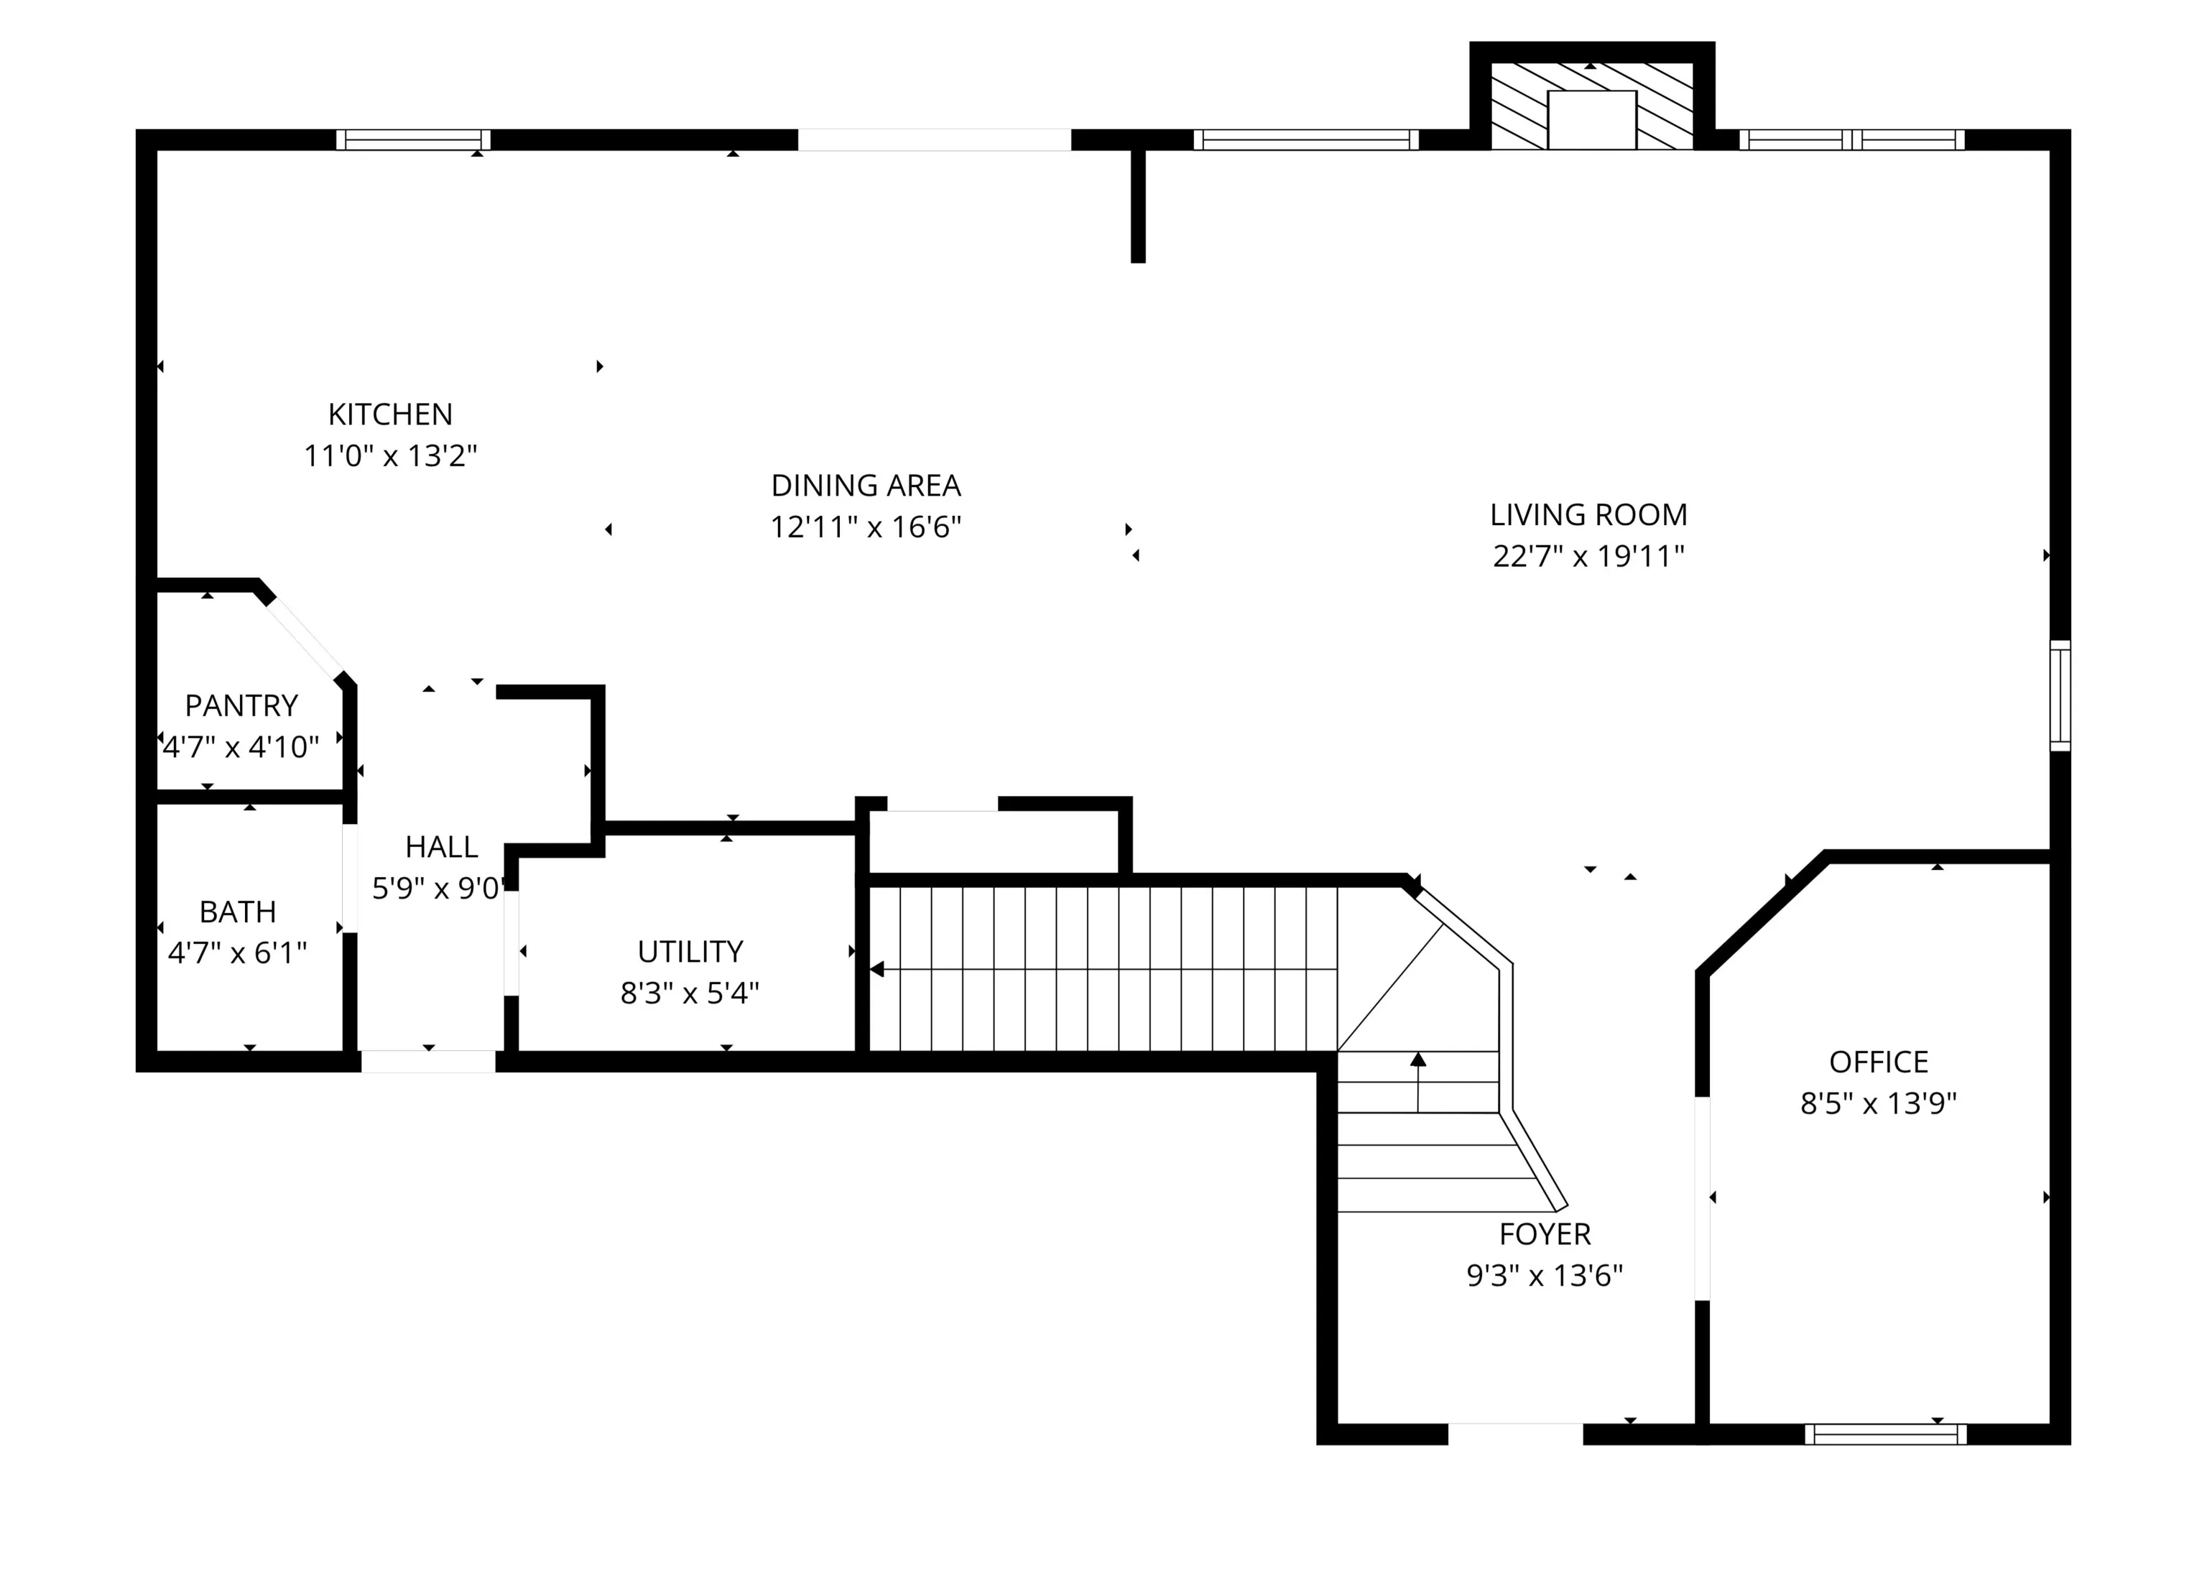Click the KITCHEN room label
point(390,414)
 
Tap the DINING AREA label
point(866,485)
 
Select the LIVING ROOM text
point(1588,514)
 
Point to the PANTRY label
point(241,705)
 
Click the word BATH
point(238,912)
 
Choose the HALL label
point(441,846)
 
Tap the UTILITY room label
point(690,952)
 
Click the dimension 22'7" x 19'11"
point(1588,556)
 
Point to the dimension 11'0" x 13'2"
point(391,455)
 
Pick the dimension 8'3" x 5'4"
point(690,993)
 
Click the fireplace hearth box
point(1591,120)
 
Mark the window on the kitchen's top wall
point(413,139)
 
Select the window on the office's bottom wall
point(1886,1434)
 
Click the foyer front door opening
point(1515,1434)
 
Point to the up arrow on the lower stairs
point(1418,1083)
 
